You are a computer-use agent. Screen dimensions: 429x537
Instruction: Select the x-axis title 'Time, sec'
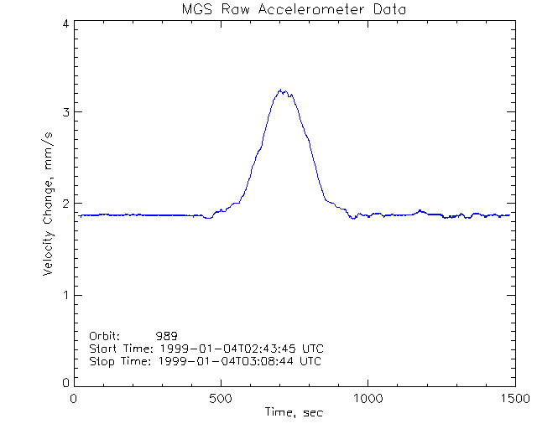293,412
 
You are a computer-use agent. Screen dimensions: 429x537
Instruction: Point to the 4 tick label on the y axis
65,23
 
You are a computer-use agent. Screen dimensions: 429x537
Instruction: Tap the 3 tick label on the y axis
65,112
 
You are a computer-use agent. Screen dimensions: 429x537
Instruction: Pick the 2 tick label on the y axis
65,204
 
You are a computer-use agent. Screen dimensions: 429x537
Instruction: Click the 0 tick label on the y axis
65,383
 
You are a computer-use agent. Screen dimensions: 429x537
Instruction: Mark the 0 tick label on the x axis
75,399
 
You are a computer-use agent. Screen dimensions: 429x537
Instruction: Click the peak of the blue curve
282,90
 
